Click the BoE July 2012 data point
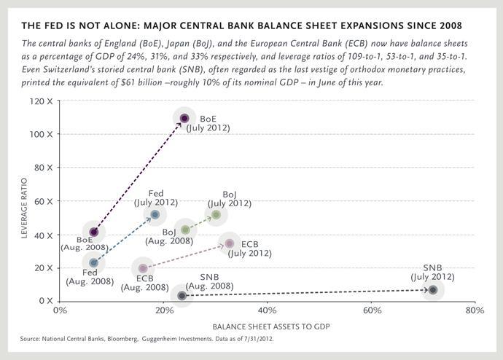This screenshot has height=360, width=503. pos(184,118)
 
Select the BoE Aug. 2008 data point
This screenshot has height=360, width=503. pos(93,232)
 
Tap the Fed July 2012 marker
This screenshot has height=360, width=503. pos(155,214)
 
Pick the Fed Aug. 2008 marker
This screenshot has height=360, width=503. pos(93,262)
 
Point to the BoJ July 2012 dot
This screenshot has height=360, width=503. pos(216,214)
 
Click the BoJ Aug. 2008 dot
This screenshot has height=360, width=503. pos(185,230)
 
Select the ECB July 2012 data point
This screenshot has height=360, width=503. pos(230,243)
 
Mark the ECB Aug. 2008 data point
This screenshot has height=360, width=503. pos(144,268)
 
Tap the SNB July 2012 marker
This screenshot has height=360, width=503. pos(433,289)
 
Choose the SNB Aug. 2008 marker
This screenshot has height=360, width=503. pos(182,295)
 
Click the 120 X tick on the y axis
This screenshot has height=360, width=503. pos(41,100)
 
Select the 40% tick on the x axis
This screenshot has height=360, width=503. pos(267,310)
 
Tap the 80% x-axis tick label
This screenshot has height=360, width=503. pos(475,310)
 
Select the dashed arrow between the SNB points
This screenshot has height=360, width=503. pos(306,292)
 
